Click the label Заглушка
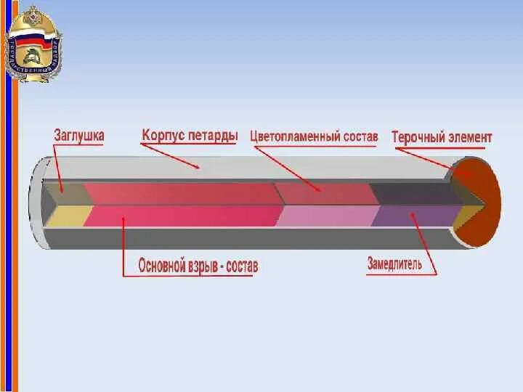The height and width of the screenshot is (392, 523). tap(79, 135)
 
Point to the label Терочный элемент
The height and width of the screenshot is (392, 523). tap(442, 136)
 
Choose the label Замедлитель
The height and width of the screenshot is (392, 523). tap(394, 264)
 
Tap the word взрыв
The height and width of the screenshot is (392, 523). tap(208, 266)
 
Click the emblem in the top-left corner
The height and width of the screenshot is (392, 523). tap(33, 44)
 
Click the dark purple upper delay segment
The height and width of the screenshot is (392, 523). tap(414, 193)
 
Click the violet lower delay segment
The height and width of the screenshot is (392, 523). tap(410, 216)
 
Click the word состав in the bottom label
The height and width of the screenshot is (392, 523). tap(242, 266)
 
